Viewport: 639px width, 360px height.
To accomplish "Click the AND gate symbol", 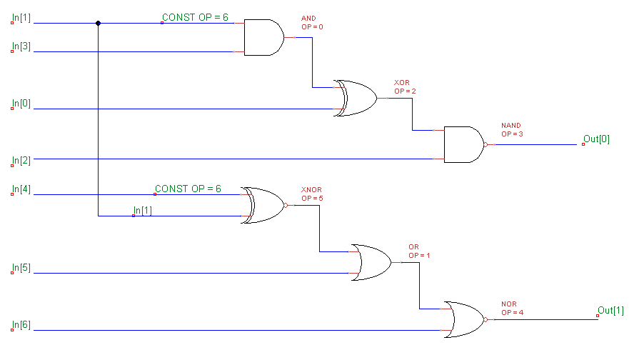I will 263,37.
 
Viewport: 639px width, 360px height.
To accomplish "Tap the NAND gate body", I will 463,144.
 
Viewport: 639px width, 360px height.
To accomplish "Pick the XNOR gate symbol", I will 262,205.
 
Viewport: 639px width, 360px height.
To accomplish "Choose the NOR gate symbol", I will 463,319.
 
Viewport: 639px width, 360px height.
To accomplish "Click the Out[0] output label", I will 597,139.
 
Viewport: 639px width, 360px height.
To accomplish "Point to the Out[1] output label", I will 610,310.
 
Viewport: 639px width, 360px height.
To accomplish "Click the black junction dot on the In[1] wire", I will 98,23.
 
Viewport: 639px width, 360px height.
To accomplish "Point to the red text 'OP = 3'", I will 512,134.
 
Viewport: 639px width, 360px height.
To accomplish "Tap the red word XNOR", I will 311,190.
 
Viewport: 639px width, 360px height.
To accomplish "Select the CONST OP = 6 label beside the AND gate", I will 195,17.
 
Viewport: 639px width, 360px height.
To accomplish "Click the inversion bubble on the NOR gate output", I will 486,319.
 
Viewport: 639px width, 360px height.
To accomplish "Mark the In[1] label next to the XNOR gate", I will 143,211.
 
